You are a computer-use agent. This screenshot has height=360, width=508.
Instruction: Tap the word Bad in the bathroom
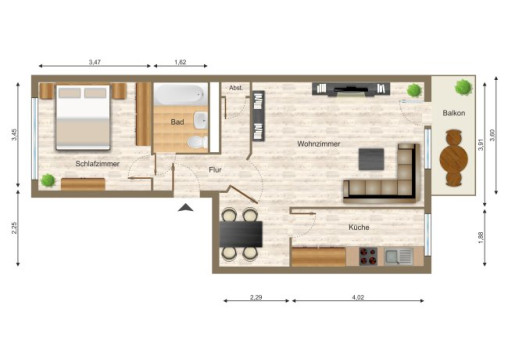click(177, 122)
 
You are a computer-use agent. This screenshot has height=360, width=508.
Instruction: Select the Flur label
click(214, 171)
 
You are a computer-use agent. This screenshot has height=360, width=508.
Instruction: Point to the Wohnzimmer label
click(318, 144)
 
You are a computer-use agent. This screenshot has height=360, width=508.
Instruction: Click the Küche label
click(358, 228)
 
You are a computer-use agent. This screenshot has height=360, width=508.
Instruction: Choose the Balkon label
click(453, 113)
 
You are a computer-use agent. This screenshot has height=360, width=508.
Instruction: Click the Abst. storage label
click(236, 88)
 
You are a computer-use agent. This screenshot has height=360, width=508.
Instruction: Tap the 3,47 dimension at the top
click(94, 62)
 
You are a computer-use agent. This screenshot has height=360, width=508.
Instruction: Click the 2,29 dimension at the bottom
click(255, 297)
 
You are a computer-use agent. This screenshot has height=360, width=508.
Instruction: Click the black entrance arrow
click(185, 208)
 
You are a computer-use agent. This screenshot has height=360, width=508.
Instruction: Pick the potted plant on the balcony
click(461, 87)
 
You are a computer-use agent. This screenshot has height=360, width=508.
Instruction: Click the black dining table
click(240, 234)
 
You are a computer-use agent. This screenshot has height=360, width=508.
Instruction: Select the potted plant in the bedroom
click(48, 180)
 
